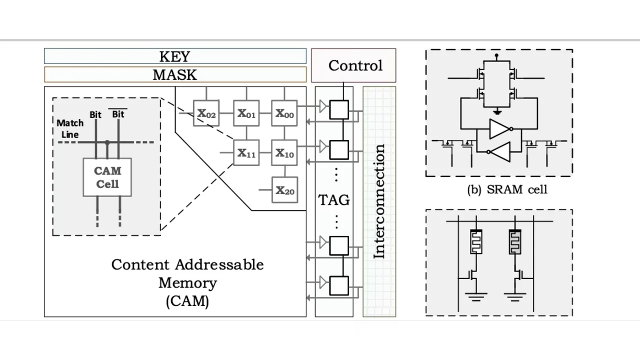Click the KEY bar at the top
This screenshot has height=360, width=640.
[x=175, y=56]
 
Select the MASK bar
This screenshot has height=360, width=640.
[x=175, y=74]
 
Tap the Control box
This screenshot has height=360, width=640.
[x=353, y=65]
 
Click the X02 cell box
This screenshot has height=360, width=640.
[x=206, y=113]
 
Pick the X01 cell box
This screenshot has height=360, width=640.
[x=246, y=113]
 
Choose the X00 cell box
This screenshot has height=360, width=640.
[x=284, y=113]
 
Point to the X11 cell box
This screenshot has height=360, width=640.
[x=246, y=152]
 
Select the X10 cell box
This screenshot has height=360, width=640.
[x=284, y=152]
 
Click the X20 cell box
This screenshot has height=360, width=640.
[x=284, y=190]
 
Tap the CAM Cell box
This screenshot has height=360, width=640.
[x=107, y=177]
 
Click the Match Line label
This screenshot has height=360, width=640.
[x=70, y=128]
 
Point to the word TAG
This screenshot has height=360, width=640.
[x=334, y=200]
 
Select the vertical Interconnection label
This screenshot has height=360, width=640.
[x=379, y=201]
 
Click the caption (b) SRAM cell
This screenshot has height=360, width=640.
[x=507, y=190]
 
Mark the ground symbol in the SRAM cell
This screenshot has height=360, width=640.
[x=497, y=111]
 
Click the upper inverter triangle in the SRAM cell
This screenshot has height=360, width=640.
[x=499, y=128]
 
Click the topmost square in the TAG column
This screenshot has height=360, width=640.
[x=339, y=110]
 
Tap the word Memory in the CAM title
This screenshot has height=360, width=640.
[x=187, y=283]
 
